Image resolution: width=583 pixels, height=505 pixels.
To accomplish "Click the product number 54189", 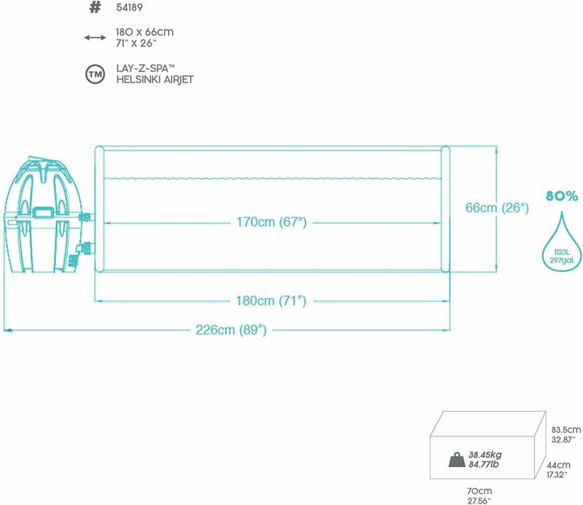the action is (129, 7).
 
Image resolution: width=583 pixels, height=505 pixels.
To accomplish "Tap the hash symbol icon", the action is (95, 7).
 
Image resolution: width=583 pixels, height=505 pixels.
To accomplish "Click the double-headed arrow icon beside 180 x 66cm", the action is (95, 38).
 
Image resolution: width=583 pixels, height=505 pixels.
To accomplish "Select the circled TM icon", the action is (95, 74).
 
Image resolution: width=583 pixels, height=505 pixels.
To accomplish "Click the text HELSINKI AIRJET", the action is (154, 79).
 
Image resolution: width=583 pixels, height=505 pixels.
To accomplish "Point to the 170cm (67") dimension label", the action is (271, 222).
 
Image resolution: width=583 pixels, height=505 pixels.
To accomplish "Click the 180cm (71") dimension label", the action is (271, 300).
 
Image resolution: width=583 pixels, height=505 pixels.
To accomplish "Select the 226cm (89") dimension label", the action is (231, 330).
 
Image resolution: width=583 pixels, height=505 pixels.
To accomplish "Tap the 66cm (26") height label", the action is (497, 208).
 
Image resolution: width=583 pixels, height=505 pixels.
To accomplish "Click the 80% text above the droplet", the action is (562, 195).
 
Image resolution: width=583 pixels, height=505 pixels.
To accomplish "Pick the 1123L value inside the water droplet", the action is (562, 252).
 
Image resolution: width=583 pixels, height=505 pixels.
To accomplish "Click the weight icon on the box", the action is (457, 460).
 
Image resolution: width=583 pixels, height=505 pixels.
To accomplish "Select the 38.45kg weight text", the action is (485, 455).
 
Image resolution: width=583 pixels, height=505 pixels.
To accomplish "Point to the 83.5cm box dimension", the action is (566, 430).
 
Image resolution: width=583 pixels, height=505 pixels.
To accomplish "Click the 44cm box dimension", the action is (558, 465).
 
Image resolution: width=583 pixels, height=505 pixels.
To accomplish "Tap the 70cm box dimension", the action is (480, 491).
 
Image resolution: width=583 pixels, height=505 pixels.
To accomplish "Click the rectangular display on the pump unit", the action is (44, 212).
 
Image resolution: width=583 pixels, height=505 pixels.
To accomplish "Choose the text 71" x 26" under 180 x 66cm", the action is (136, 44).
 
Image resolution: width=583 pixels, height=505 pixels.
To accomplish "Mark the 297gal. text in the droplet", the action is (562, 260).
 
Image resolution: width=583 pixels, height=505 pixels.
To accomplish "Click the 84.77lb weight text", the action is (483, 464).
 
